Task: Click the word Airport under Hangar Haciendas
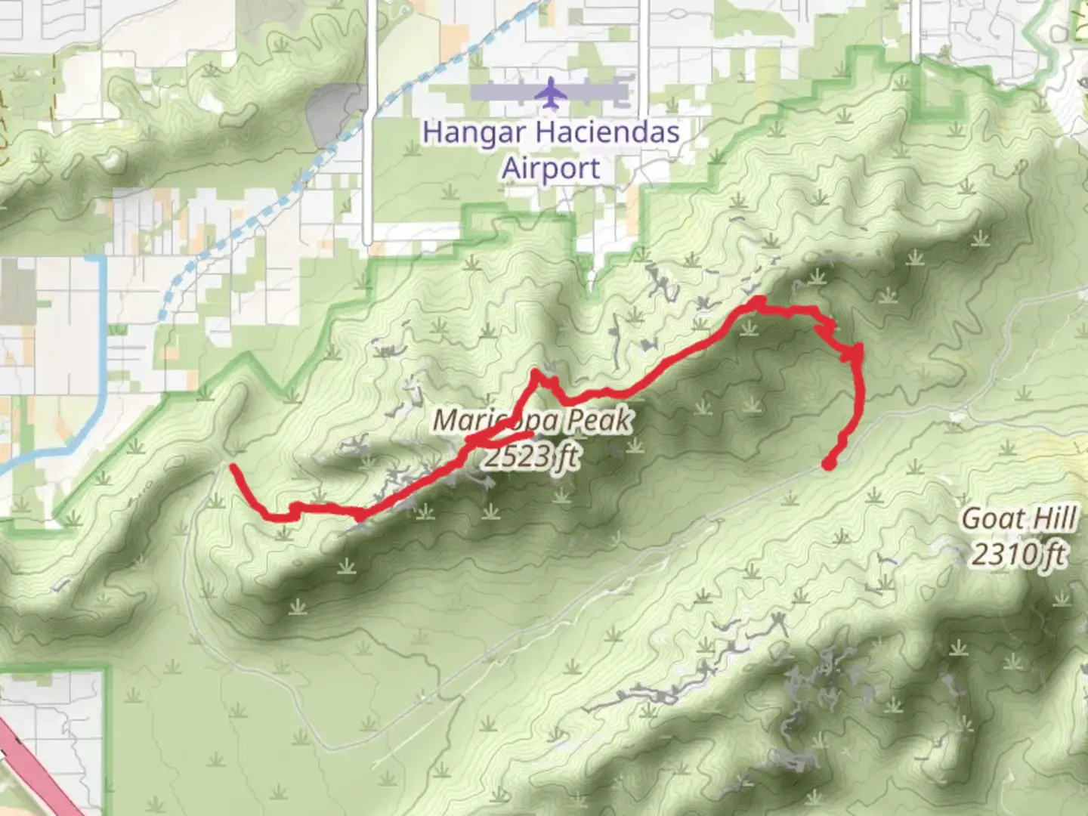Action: coord(551,168)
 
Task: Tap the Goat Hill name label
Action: coord(1019,520)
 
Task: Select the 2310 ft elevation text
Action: coord(1019,555)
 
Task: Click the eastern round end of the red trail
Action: coord(829,464)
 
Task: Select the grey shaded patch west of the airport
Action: coord(336,113)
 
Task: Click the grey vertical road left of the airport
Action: coord(367,151)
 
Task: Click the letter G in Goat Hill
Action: coord(972,520)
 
